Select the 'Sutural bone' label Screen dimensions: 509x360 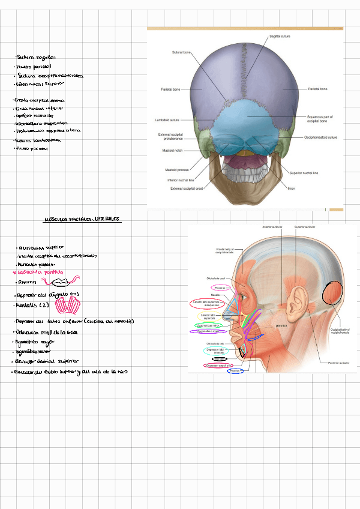(181, 52)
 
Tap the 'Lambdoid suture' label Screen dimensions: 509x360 (167, 120)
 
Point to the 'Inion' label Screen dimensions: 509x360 (291, 188)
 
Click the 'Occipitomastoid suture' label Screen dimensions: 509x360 (320, 137)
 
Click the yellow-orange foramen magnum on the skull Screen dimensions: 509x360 (243, 152)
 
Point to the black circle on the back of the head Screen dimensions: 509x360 (332, 293)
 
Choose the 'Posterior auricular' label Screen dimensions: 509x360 (329, 362)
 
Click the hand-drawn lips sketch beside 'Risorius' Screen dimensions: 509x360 (63, 281)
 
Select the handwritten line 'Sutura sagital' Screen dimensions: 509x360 (37, 57)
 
